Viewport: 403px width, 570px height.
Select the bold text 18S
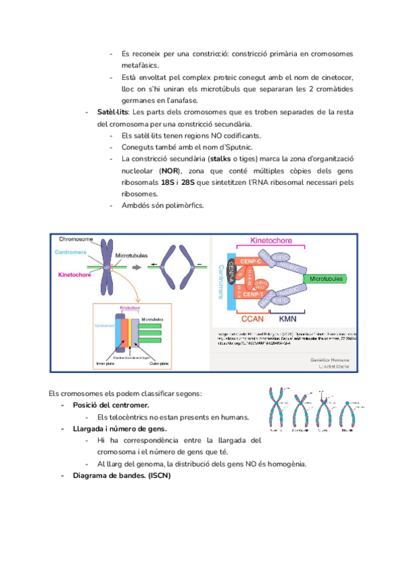click(168, 182)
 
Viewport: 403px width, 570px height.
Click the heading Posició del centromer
click(111, 405)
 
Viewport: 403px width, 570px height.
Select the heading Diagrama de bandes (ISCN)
click(122, 476)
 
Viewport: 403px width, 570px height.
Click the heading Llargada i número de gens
click(120, 429)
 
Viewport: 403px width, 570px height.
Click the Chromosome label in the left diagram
click(75, 239)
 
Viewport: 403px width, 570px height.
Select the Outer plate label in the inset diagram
click(156, 364)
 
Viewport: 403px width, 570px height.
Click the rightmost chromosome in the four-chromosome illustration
click(347, 416)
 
